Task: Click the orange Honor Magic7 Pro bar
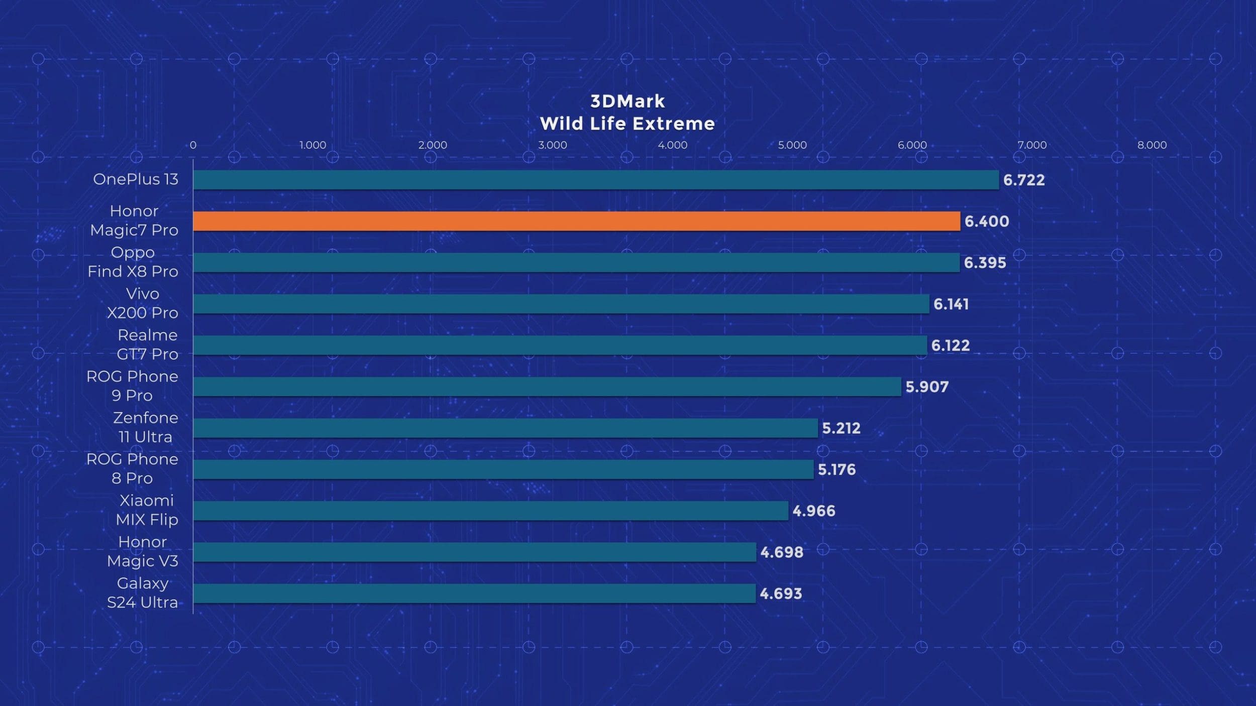576,221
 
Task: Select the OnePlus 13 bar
596,180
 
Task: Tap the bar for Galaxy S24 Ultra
474,594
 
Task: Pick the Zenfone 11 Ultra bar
505,428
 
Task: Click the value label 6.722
1024,180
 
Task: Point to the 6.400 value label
987,221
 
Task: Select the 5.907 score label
927,387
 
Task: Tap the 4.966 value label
814,511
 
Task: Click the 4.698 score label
782,552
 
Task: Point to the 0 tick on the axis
193,145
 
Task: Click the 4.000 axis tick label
672,145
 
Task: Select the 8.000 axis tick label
1152,145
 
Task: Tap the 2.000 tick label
433,145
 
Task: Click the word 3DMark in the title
627,101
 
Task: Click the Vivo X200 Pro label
143,303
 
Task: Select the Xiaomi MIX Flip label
147,510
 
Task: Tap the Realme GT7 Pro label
148,344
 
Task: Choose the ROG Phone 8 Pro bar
503,469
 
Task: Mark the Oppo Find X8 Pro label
133,262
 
